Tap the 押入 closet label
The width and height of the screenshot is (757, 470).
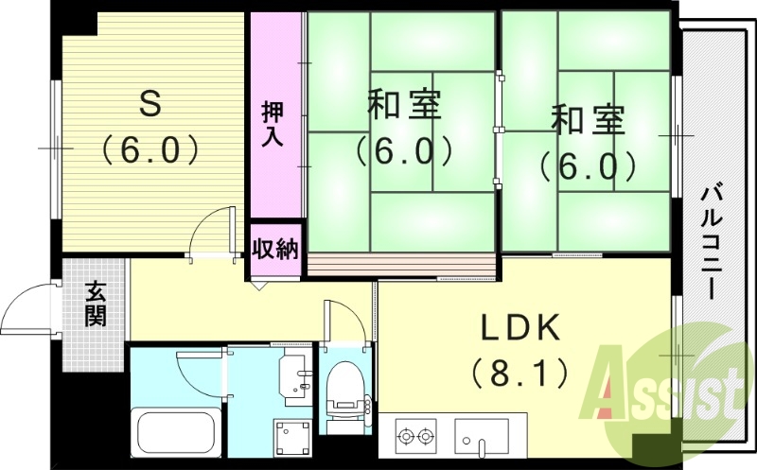pos(273,124)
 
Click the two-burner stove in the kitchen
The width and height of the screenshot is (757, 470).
pos(416,438)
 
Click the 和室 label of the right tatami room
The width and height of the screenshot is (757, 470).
pos(589,121)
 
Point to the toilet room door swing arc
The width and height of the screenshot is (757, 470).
pos(344,317)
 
